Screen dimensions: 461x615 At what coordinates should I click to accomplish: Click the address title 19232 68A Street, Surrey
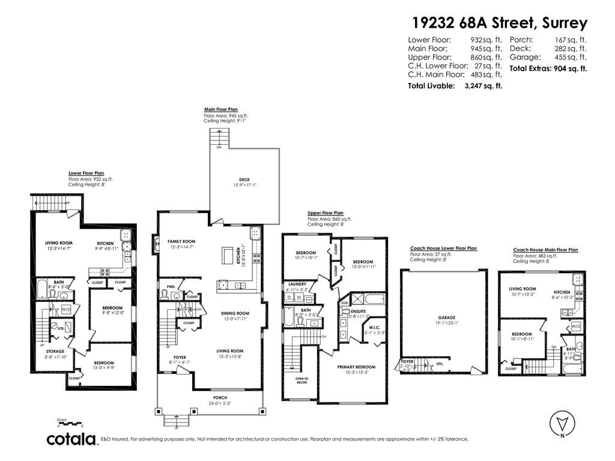pos(500,23)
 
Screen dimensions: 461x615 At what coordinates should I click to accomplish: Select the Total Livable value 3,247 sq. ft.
pos(483,86)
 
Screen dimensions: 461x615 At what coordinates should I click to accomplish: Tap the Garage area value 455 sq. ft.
pos(571,58)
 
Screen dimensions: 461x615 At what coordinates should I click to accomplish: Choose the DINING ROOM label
pos(235,313)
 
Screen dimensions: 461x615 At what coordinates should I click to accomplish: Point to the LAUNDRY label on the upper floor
pos(297,284)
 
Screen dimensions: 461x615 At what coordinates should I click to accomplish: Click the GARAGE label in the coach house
pos(446,318)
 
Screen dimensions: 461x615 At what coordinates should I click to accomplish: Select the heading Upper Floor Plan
pos(326,212)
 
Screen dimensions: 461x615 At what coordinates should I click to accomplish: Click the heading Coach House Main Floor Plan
pos(545,250)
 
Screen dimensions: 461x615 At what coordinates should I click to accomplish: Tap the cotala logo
pos(72,439)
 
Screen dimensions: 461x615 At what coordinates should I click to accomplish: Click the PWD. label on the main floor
pos(171,287)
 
